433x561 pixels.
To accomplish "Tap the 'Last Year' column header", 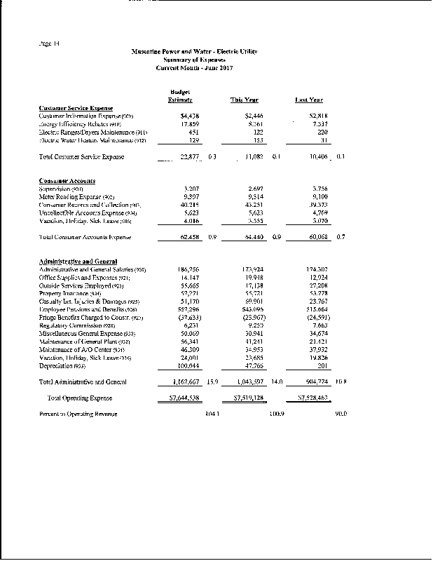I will (x=309, y=100).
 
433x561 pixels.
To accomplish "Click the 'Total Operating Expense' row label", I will (x=78, y=398).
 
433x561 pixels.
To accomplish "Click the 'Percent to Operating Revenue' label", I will (x=78, y=414).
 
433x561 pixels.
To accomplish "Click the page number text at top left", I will (x=50, y=44).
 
